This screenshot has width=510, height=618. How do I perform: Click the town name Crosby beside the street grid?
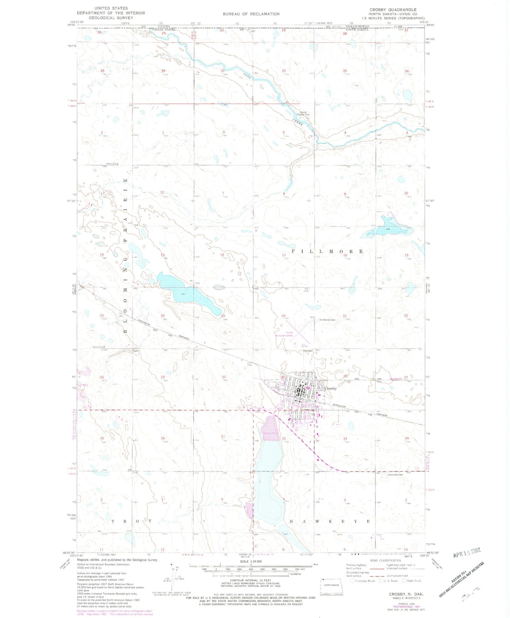click(x=330, y=388)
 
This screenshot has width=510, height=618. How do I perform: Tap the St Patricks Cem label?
click(x=327, y=320)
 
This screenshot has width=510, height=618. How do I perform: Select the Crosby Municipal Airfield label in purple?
click(x=285, y=334)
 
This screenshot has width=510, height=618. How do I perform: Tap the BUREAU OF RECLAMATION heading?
click(x=251, y=14)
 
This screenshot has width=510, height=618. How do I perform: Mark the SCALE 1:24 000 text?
click(x=251, y=561)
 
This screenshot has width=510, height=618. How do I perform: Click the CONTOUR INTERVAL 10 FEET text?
click(x=251, y=580)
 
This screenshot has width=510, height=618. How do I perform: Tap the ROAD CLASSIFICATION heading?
click(x=386, y=561)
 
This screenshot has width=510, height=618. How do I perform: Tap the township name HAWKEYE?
click(x=329, y=521)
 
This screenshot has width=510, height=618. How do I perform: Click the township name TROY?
click(x=132, y=521)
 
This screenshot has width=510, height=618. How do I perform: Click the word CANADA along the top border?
click(x=164, y=26)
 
